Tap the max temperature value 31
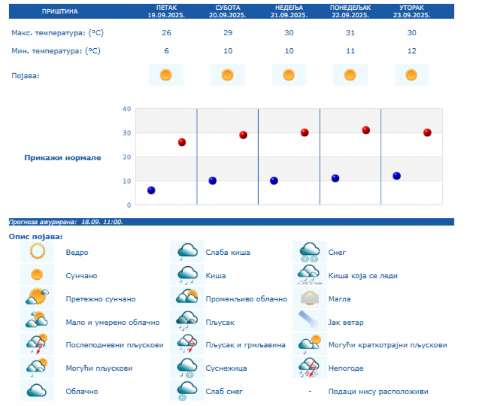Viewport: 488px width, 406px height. pyautogui.click(x=350, y=33)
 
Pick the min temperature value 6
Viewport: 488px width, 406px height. pyautogui.click(x=166, y=51)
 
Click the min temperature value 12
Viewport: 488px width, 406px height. pyautogui.click(x=412, y=51)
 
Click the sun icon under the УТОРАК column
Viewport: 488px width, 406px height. pyautogui.click(x=412, y=75)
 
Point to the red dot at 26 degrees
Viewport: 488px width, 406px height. pyautogui.click(x=182, y=142)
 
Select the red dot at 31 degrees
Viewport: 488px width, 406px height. pyautogui.click(x=366, y=130)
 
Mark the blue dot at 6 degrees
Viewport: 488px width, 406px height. pyautogui.click(x=151, y=190)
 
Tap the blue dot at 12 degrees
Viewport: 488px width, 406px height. pyautogui.click(x=396, y=176)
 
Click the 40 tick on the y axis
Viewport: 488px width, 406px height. pyautogui.click(x=127, y=109)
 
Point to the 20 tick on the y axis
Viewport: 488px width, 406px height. pyautogui.click(x=127, y=157)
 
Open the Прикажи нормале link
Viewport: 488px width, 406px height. pyautogui.click(x=62, y=158)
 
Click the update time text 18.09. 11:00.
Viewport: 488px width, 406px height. pyautogui.click(x=102, y=222)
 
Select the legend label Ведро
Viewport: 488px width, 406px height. pyautogui.click(x=77, y=253)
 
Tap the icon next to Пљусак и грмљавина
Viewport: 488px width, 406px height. pyautogui.click(x=187, y=345)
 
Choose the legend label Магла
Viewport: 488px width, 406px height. pyautogui.click(x=339, y=299)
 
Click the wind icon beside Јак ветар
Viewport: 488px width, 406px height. pyautogui.click(x=310, y=321)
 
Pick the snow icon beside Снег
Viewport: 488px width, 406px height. pyautogui.click(x=310, y=252)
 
